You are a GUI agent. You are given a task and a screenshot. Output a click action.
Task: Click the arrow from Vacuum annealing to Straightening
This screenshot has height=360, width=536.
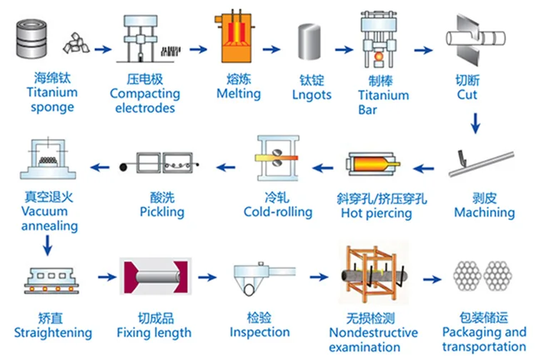tap(46, 246)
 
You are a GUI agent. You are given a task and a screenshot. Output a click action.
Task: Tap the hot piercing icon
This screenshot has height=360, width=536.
tap(372, 169)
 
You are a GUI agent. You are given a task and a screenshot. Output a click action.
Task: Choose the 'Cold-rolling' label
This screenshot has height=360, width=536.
tap(278, 211)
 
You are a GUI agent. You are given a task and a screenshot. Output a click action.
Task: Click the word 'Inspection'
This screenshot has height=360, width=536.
tap(259, 332)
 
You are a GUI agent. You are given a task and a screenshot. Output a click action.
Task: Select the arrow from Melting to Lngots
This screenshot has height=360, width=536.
tap(270, 50)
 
